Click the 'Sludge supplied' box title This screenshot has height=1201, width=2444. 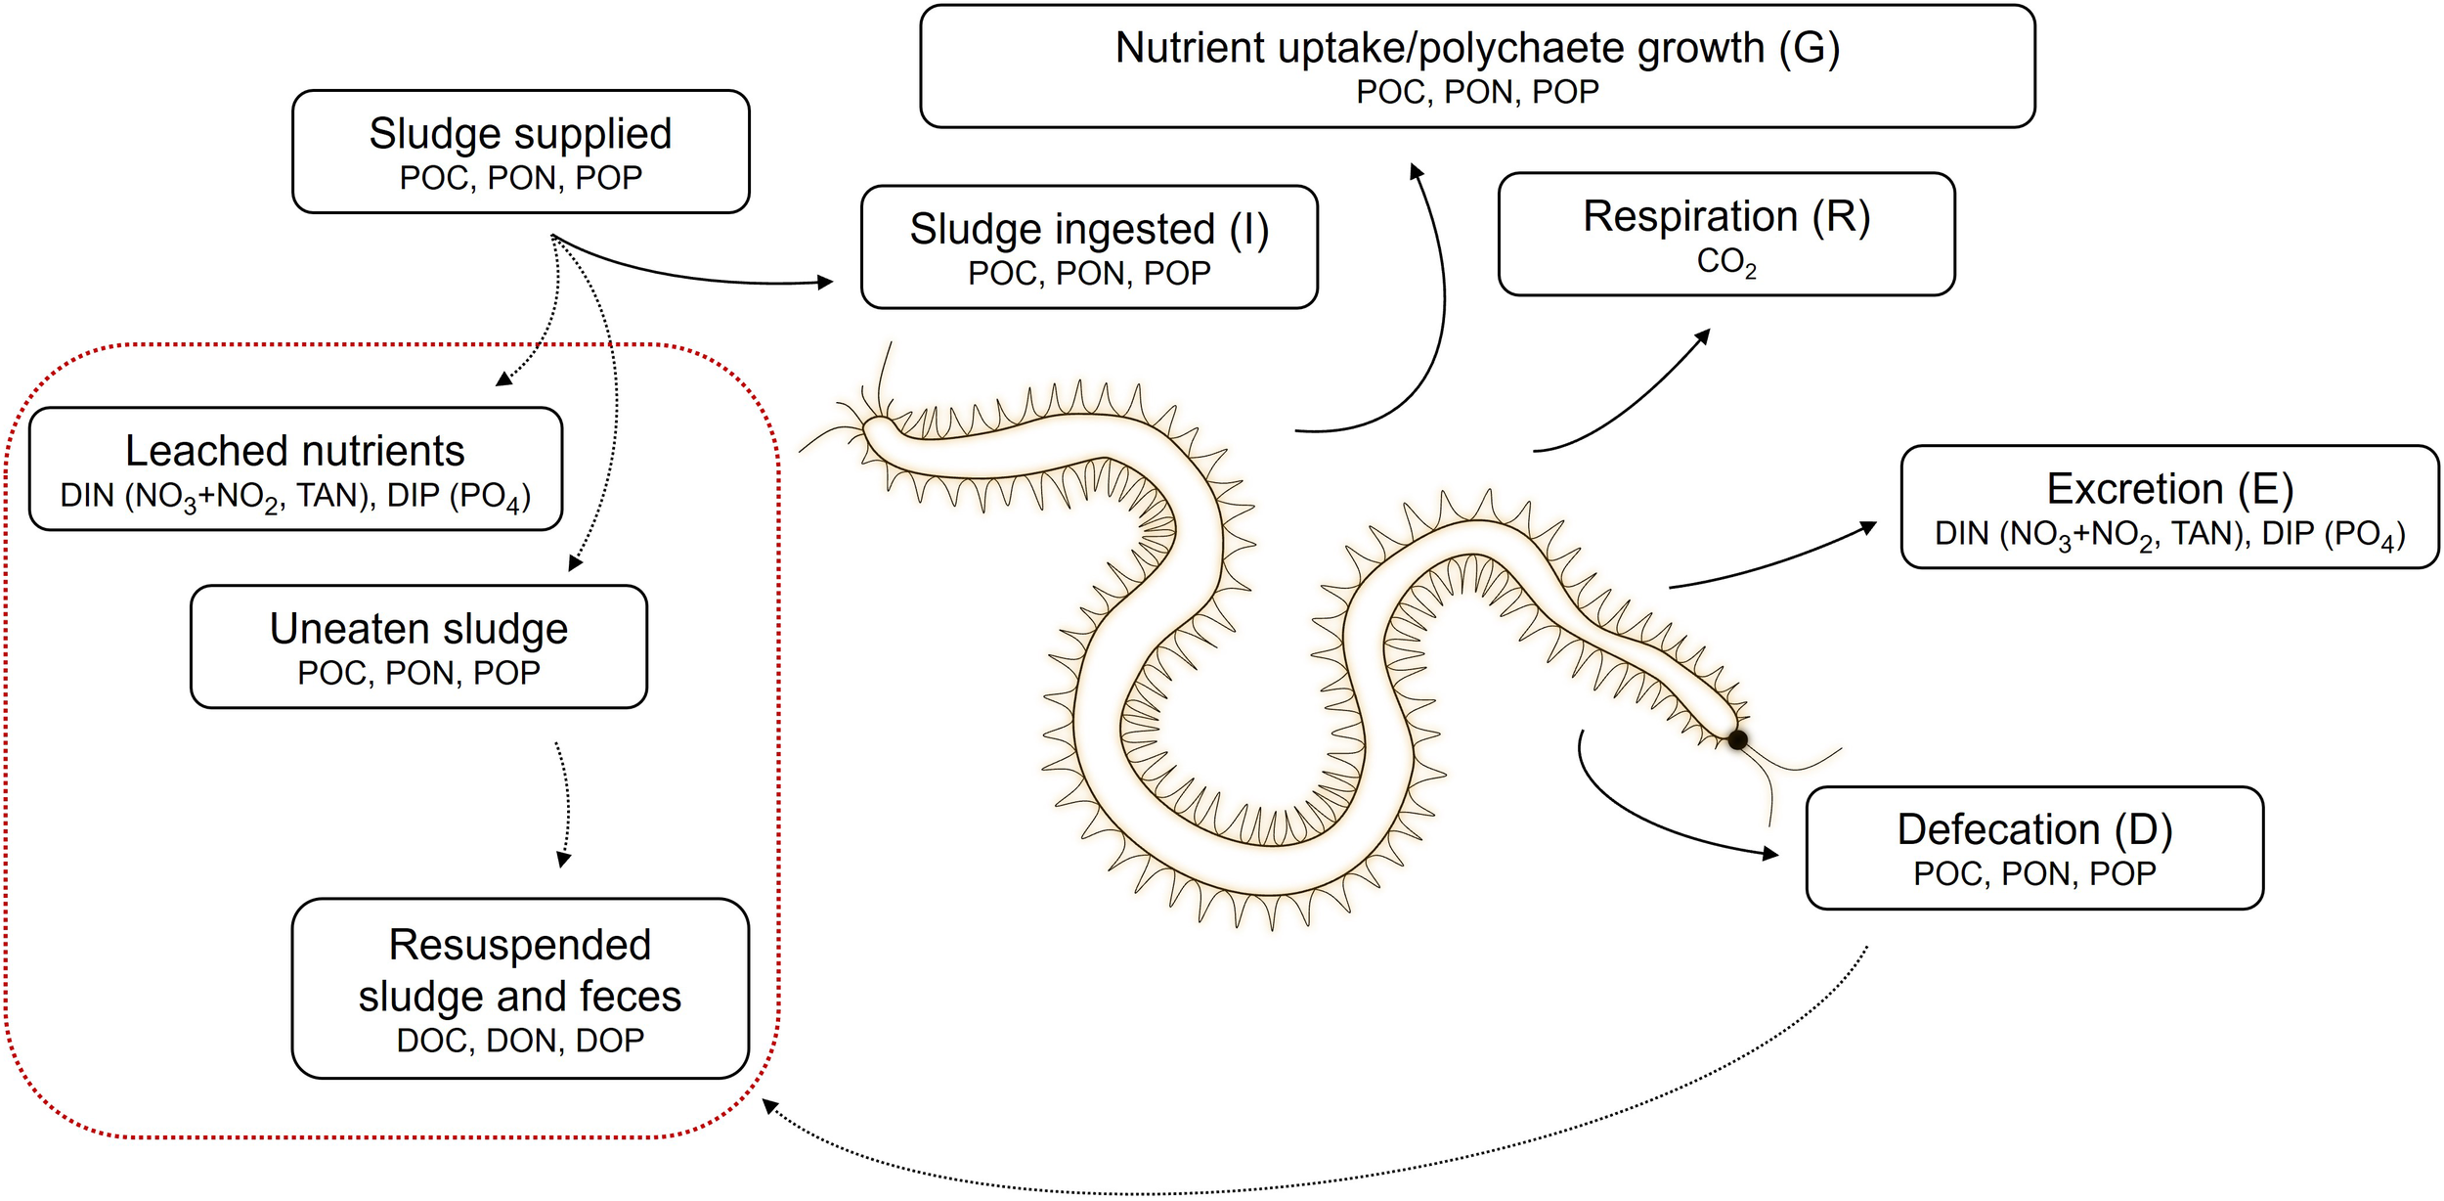(520, 134)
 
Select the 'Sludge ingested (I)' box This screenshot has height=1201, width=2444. (1089, 247)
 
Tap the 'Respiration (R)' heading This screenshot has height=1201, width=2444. (1726, 216)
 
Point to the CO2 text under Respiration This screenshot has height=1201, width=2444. (1726, 262)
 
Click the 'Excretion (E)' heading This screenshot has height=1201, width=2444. (2169, 488)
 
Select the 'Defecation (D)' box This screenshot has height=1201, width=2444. (2034, 848)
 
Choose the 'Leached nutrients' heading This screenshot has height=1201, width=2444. (295, 451)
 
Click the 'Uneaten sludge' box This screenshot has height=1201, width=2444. (418, 646)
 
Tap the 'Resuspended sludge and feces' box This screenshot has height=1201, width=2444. (520, 988)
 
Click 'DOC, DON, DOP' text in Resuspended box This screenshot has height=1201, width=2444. (520, 1040)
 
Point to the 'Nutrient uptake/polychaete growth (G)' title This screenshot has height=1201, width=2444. (1477, 48)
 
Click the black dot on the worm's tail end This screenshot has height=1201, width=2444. (1737, 739)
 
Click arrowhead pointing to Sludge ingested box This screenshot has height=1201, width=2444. (826, 282)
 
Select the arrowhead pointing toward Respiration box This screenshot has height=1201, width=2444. (1703, 335)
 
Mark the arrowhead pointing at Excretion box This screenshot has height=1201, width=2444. (1869, 528)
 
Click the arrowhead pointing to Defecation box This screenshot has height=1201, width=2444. (1770, 854)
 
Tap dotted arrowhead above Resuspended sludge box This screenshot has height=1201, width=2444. (563, 861)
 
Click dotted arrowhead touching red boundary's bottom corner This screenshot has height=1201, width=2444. (770, 1106)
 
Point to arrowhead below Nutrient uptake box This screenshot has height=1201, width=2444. (1416, 171)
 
